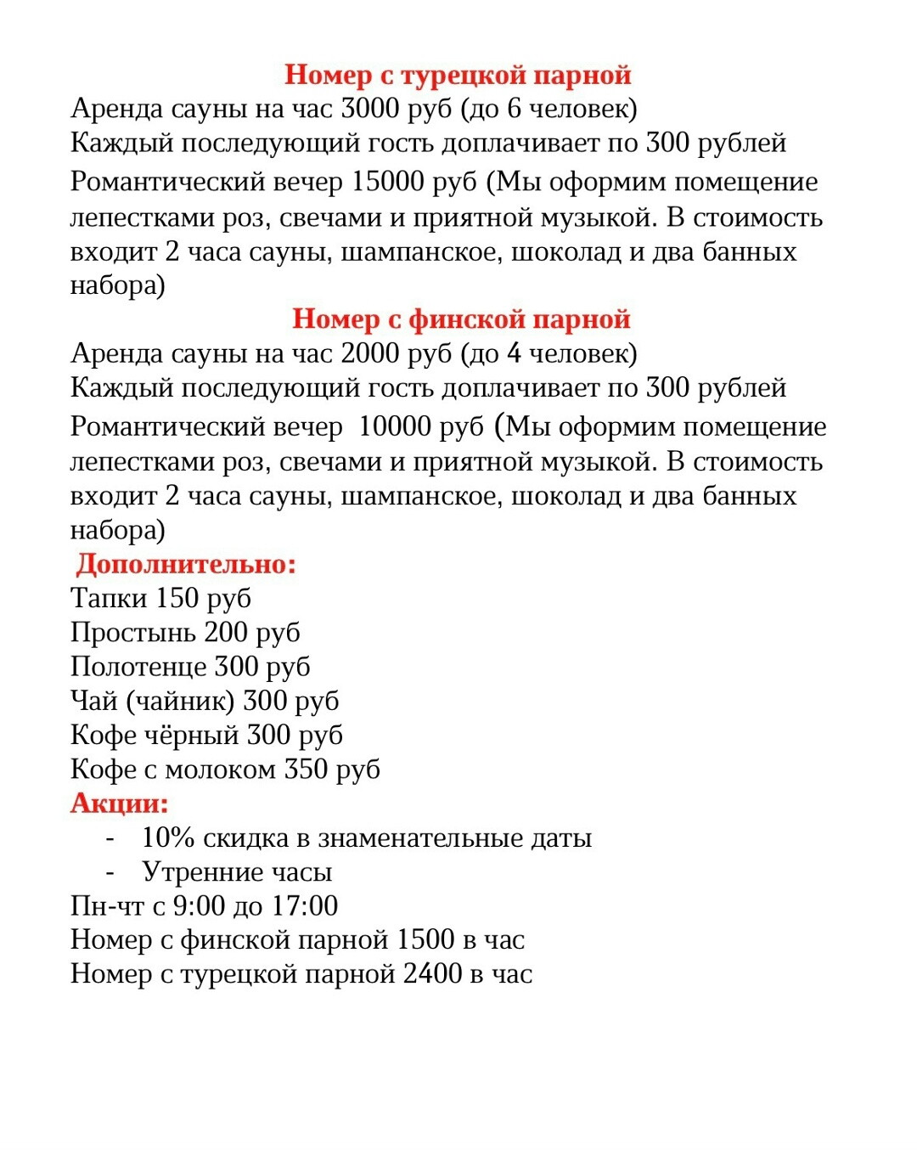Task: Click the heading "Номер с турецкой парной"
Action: point(458,75)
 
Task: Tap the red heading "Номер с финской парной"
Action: point(461,319)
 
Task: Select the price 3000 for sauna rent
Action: point(369,109)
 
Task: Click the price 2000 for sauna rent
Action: point(369,353)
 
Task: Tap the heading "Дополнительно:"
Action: point(186,564)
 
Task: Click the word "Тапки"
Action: point(108,599)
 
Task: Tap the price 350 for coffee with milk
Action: point(305,769)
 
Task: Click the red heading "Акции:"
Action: point(120,803)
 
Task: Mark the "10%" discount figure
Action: point(168,838)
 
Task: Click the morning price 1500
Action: point(425,940)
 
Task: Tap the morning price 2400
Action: point(432,974)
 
